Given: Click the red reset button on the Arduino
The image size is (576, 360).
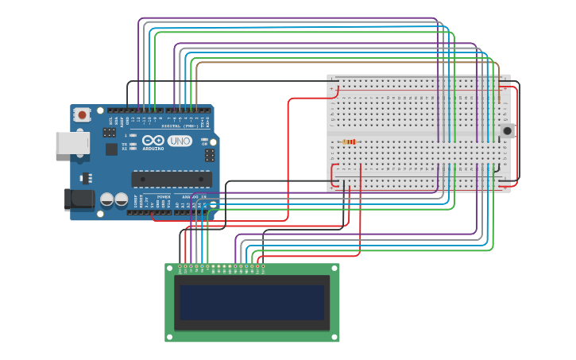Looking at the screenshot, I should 82,115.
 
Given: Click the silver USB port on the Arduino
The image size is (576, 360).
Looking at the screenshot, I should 72,143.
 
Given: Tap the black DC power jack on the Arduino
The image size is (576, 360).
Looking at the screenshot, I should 79,199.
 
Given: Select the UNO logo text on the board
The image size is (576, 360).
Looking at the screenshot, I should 180,141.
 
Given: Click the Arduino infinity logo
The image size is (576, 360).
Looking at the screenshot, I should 153,141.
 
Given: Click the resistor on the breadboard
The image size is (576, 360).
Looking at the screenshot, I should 349,142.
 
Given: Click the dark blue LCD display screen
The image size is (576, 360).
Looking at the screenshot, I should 252,303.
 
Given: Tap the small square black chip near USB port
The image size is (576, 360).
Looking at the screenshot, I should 111,149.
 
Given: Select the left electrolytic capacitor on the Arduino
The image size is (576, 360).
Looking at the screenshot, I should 106,199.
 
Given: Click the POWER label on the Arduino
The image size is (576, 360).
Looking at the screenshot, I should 163,196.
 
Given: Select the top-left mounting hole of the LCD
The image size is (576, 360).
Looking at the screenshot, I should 170,269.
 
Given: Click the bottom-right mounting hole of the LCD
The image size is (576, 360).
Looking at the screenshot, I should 334,337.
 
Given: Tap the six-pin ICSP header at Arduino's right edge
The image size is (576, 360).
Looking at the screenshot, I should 209,155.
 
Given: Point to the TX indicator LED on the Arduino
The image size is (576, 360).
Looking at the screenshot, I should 132,144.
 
